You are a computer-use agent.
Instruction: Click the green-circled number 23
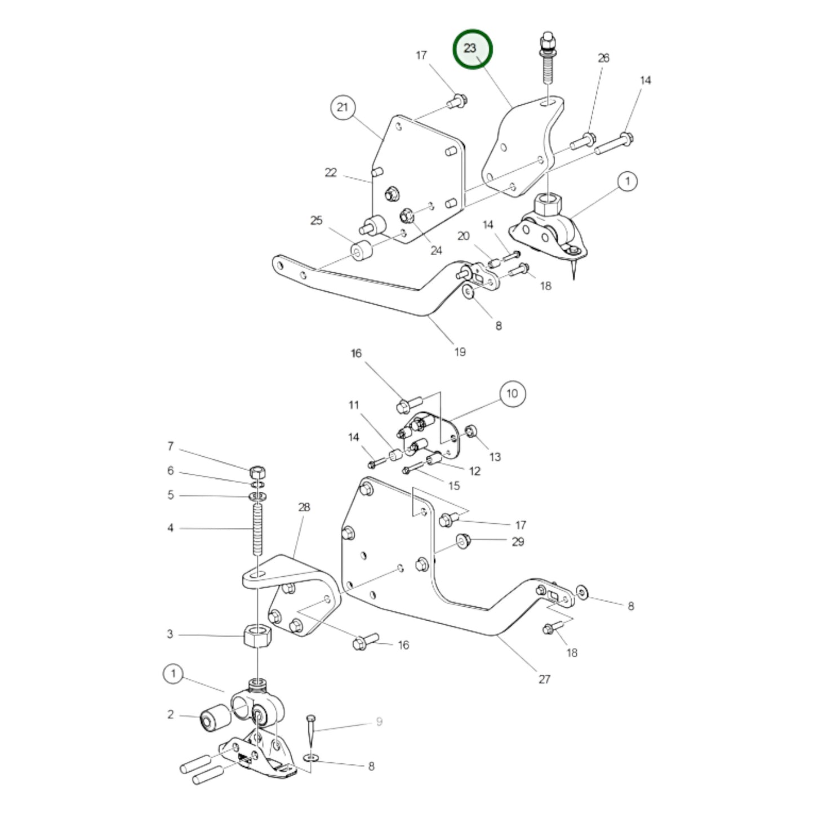pos(473,49)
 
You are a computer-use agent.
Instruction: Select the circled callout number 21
pos(343,107)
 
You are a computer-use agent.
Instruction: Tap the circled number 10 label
pos(511,393)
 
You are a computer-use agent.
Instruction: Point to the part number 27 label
pos(544,679)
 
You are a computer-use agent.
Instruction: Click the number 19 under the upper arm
pos(460,352)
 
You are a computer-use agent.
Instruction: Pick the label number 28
pos(304,507)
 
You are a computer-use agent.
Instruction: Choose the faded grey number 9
pos(379,722)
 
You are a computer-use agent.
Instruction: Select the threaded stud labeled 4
pos(257,530)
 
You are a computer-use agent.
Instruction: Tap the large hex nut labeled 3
pos(257,637)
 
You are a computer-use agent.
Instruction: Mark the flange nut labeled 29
pos(463,541)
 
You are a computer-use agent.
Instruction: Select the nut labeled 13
pos(472,432)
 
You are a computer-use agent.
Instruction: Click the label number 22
pos(331,172)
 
